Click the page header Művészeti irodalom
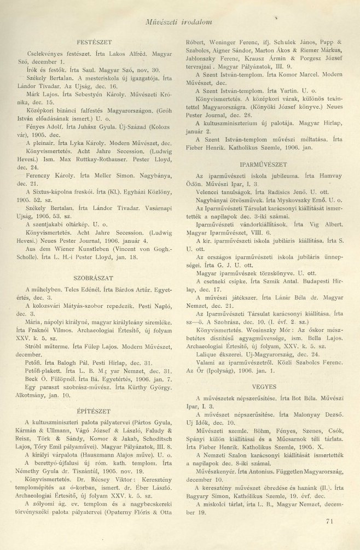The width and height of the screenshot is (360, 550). [181, 22]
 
